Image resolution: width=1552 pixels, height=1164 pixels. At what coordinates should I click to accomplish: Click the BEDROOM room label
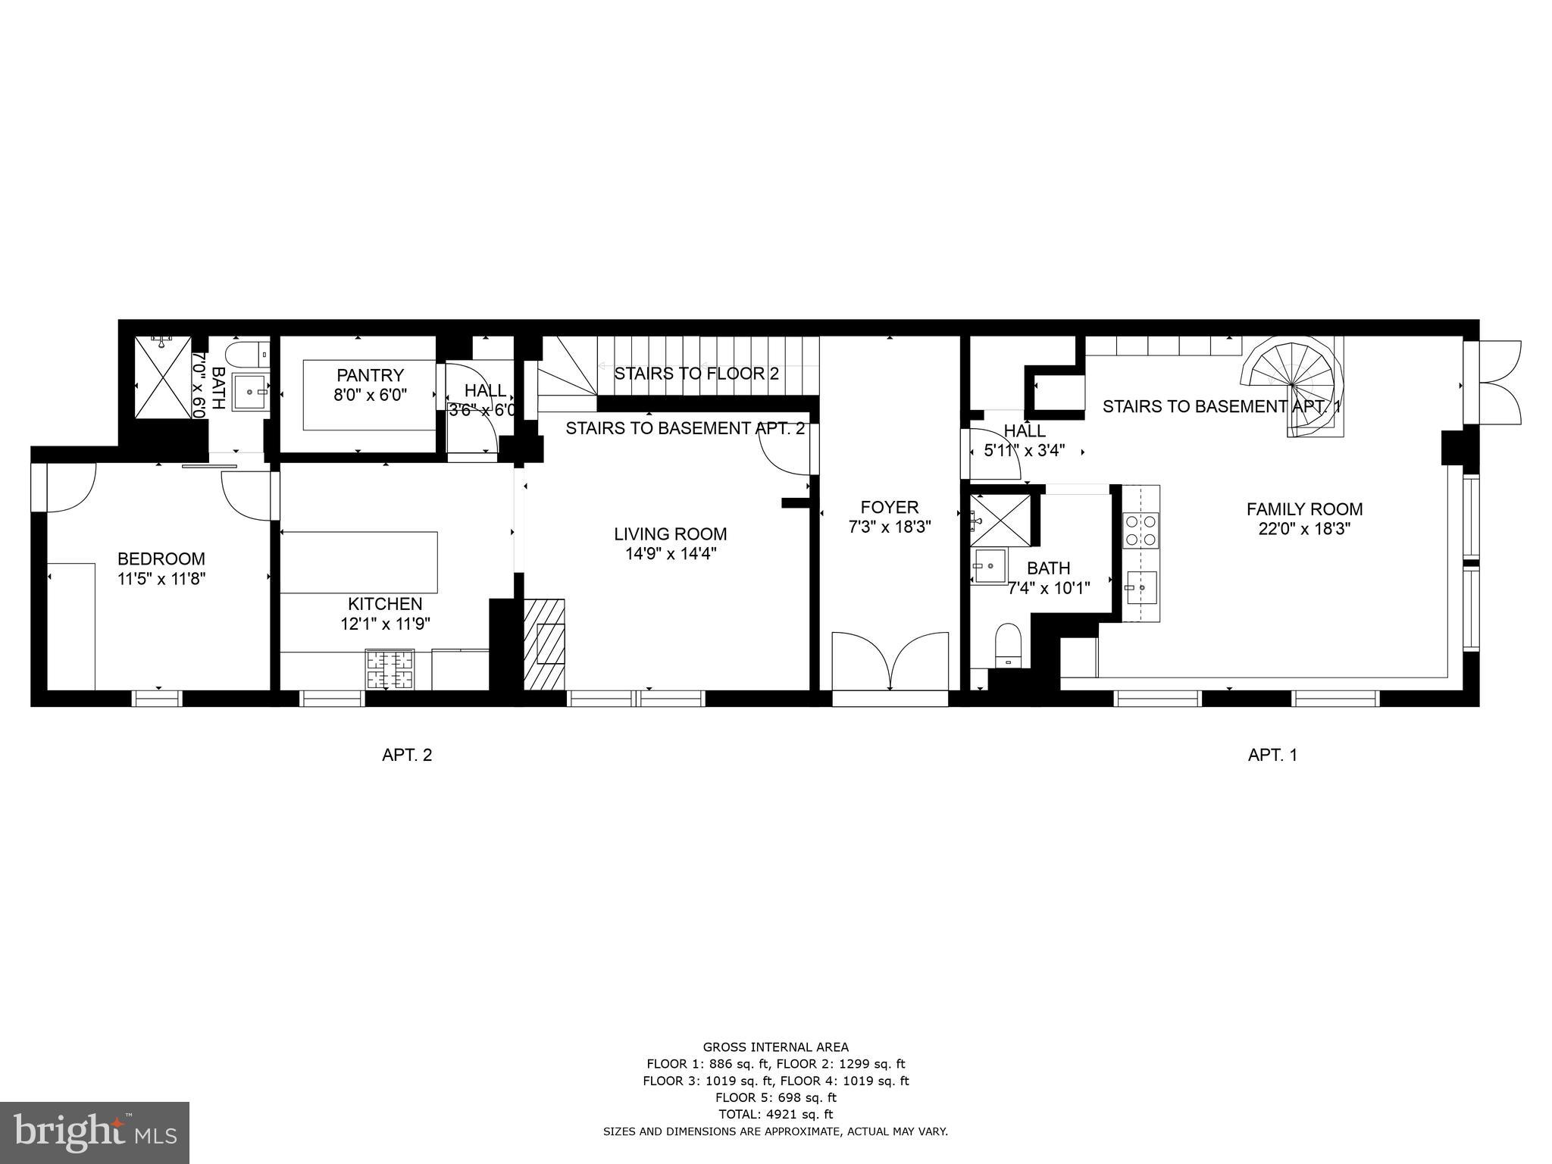click(161, 559)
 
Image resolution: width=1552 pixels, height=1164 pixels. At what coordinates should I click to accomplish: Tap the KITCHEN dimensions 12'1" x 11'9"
click(385, 624)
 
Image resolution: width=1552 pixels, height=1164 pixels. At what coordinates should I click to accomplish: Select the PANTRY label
click(370, 375)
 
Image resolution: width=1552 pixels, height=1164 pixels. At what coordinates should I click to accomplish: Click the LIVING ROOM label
click(670, 534)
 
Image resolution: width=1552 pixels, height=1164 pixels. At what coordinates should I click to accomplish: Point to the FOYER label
click(889, 507)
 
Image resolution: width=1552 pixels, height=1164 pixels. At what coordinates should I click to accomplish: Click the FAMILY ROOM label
click(1304, 509)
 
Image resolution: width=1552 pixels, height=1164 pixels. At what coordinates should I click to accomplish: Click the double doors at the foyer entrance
click(890, 661)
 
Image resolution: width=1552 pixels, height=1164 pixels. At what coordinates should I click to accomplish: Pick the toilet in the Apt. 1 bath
click(1009, 644)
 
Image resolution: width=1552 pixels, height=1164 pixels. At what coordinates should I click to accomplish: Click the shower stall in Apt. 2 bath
click(163, 377)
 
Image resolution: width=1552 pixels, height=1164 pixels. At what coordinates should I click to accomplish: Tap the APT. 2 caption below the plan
click(406, 755)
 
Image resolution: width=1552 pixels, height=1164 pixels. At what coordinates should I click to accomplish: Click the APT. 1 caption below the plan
click(1272, 755)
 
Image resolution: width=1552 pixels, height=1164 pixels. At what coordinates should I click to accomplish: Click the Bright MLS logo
click(94, 1134)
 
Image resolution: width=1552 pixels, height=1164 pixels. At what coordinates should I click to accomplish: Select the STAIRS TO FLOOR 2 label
click(696, 374)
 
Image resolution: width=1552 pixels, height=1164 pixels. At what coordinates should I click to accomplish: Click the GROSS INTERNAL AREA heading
click(775, 1047)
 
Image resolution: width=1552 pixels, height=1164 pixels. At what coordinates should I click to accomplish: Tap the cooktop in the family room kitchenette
click(1141, 530)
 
